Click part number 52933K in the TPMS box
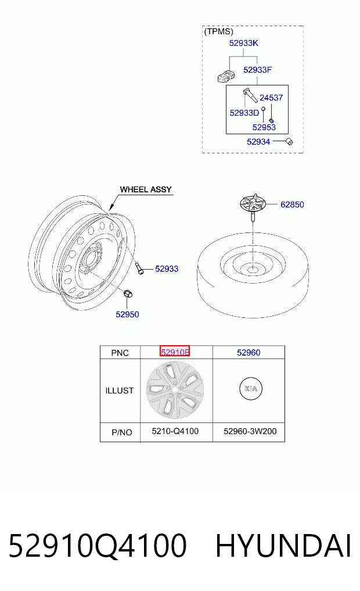coord(244,43)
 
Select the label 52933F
coord(258,70)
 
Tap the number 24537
coord(271,98)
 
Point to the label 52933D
coord(244,113)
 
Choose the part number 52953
coord(264,127)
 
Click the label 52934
coord(258,142)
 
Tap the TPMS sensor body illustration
coord(226,76)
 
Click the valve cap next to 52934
coord(290,142)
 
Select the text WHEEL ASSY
coord(146,189)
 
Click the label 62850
coord(292,205)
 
